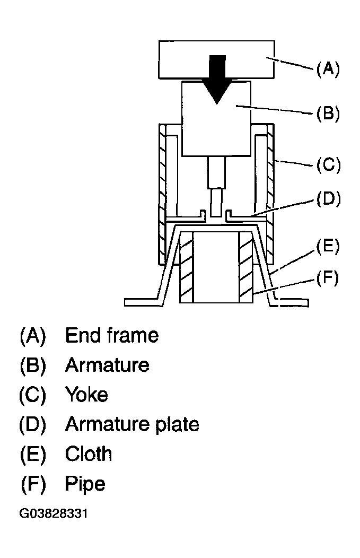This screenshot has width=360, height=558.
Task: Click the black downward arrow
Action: click(217, 79)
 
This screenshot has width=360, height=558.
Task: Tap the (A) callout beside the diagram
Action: click(328, 68)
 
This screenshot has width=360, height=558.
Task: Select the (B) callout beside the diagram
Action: click(328, 114)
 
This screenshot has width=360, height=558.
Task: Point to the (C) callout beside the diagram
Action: click(328, 165)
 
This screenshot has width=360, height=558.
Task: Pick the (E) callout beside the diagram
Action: click(328, 247)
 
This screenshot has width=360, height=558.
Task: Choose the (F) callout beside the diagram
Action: click(327, 278)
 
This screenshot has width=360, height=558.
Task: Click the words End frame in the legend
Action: click(112, 335)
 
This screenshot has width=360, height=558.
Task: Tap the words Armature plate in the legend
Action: click(132, 424)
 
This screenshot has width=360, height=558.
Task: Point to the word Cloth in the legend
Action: click(88, 454)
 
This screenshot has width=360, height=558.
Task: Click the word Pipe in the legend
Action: click(85, 484)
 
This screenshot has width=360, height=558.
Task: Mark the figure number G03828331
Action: click(54, 513)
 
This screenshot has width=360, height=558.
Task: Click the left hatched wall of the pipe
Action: click(187, 267)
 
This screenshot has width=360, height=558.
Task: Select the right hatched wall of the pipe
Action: click(246, 267)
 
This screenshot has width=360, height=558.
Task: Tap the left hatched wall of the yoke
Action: click(163, 194)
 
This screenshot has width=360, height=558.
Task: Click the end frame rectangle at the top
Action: click(217, 59)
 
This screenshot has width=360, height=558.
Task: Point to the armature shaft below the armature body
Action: click(217, 187)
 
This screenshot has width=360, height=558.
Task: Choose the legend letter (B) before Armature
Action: click(33, 365)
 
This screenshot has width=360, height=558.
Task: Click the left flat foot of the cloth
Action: click(142, 302)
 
